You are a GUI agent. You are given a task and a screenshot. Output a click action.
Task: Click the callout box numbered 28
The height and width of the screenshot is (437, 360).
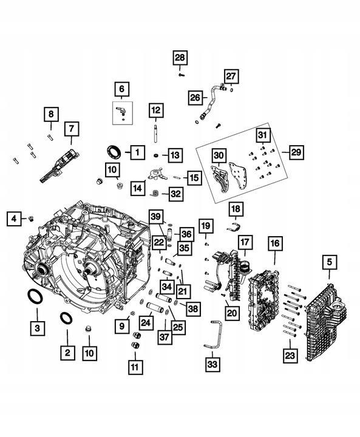coord(180,58)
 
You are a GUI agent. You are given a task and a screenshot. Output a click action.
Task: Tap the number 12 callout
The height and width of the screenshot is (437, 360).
coord(156,110)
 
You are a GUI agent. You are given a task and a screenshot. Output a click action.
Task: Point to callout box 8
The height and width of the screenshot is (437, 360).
coord(51,113)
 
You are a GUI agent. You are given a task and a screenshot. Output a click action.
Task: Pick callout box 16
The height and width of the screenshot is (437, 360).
coord(274,243)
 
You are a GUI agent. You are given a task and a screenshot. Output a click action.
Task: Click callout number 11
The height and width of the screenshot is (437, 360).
coord(134,366)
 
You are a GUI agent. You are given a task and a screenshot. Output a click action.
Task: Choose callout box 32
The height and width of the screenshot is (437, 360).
coord(175,194)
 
